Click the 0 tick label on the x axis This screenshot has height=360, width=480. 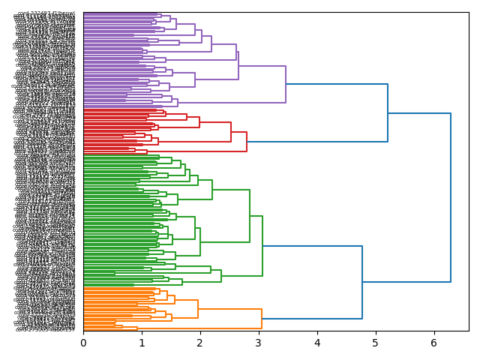coord(83,343)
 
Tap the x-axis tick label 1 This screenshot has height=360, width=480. coord(142,343)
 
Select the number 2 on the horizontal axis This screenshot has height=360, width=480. coord(200,343)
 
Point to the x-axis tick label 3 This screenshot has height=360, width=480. coord(259,343)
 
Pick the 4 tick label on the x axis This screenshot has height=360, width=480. coord(317,343)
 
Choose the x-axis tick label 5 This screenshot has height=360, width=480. coord(376,343)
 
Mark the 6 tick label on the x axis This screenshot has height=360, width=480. coord(434,343)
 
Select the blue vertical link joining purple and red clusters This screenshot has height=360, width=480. coord(388,112)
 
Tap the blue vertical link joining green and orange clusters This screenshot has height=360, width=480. coord(362,282)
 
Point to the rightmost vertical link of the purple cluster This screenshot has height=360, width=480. coord(286,84)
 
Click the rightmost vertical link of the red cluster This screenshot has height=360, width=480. coord(247,142)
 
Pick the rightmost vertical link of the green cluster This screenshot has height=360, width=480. coord(262,246)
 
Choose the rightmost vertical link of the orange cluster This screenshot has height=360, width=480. coord(262,319)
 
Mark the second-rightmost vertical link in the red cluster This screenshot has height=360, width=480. coord(231,132)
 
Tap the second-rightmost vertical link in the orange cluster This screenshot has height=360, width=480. coord(198,309)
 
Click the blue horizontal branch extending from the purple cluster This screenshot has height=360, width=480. coord(337,84)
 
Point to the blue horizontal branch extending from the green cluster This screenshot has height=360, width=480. coord(312,246)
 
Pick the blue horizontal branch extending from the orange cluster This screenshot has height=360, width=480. coord(312,319)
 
